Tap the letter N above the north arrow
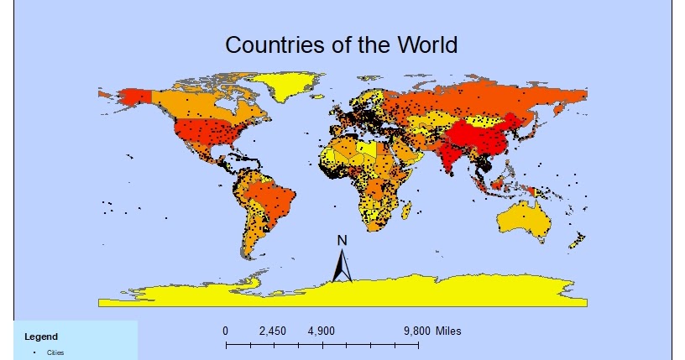point(342,241)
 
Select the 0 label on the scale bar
point(226,331)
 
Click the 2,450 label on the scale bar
point(273,331)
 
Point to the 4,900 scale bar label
point(322,331)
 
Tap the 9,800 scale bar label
point(417,331)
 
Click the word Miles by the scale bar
point(448,331)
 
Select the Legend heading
point(41,337)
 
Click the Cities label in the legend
point(55,352)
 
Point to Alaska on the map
point(126,98)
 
